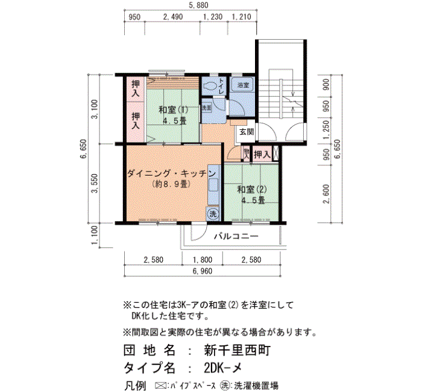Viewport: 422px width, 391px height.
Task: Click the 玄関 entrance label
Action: pos(247,132)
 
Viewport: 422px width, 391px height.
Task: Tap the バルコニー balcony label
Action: pos(236,236)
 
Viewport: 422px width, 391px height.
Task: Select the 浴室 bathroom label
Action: pos(244,85)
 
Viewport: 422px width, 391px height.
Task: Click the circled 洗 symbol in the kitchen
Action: pos(213,214)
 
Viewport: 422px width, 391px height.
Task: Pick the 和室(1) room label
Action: pos(174,109)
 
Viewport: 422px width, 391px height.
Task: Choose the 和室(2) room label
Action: pos(252,189)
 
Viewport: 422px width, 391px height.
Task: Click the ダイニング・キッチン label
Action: pos(171,173)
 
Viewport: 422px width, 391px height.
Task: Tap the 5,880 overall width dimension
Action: pos(198,5)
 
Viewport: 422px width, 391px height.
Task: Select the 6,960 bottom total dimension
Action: pos(203,271)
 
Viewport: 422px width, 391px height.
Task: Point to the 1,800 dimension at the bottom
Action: pos(203,260)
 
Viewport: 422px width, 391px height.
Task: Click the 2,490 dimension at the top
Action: pos(173,17)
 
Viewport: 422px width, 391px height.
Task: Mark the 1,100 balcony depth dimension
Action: pos(95,235)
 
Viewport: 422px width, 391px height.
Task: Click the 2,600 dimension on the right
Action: pos(326,194)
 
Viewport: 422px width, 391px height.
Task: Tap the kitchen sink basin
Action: pos(213,185)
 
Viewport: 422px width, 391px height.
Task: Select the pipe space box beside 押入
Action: pos(276,153)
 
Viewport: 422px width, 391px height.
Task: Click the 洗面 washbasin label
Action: pos(206,108)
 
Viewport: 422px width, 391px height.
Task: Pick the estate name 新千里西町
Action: pos(237,350)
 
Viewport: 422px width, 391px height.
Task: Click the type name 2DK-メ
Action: pos(223,368)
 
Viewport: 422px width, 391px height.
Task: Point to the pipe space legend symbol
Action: pos(161,386)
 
